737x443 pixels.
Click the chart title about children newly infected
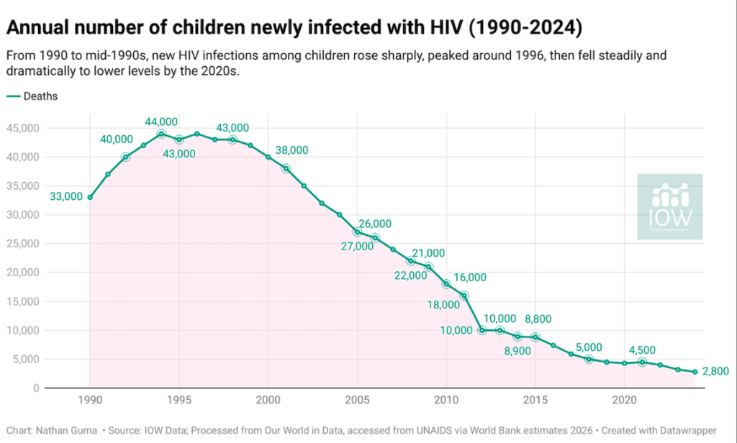(294, 28)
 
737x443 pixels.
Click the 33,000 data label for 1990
(65, 196)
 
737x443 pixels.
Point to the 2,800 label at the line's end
(716, 371)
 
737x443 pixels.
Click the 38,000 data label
(292, 150)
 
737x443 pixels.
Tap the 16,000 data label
(471, 278)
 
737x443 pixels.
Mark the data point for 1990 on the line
(90, 197)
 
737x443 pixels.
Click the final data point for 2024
(695, 372)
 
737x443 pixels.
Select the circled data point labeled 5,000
(589, 359)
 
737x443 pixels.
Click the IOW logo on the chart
(670, 206)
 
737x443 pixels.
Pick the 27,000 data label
(358, 246)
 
